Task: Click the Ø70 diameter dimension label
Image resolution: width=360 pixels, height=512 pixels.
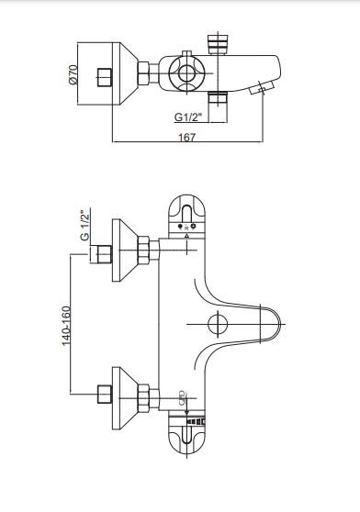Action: click(x=73, y=74)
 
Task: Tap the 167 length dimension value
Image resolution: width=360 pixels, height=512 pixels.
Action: click(x=186, y=137)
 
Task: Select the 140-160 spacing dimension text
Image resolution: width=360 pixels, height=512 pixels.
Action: click(x=66, y=325)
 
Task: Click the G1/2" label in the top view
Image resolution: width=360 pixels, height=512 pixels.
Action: click(x=188, y=117)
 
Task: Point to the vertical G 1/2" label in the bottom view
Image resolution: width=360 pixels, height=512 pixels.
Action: click(x=84, y=227)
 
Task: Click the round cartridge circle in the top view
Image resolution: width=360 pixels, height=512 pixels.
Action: click(x=186, y=72)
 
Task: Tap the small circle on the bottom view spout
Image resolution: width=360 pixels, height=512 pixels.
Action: click(x=218, y=324)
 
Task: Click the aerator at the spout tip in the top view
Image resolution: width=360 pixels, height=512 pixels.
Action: click(x=262, y=88)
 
